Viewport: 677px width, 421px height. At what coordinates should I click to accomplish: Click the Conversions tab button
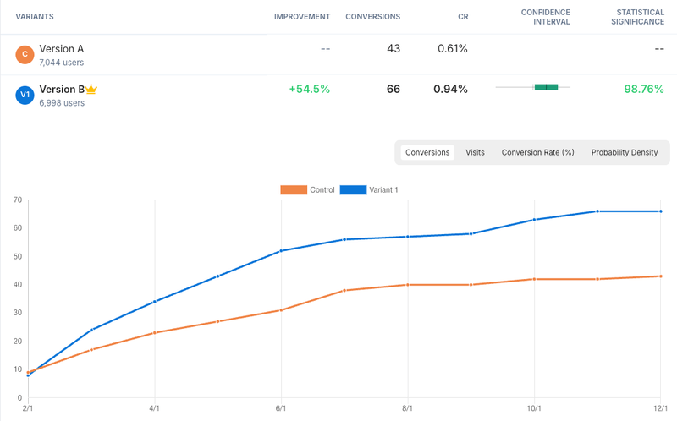pyautogui.click(x=427, y=152)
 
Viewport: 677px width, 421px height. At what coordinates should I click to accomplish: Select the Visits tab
pyautogui.click(x=475, y=152)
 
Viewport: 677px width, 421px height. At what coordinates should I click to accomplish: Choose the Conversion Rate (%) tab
pyautogui.click(x=537, y=152)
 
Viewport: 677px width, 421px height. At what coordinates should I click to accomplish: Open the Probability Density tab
pyautogui.click(x=624, y=152)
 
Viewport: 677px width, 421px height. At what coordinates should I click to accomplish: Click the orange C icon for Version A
pyautogui.click(x=25, y=55)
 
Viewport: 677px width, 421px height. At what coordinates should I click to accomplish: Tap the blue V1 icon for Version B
pyautogui.click(x=25, y=95)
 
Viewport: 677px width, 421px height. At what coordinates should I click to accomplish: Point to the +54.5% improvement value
pyautogui.click(x=309, y=89)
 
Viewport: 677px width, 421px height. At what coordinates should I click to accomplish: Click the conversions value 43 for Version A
pyautogui.click(x=393, y=48)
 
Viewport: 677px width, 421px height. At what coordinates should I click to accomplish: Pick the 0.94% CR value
pyautogui.click(x=450, y=89)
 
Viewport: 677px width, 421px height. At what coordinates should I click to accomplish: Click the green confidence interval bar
pyautogui.click(x=546, y=87)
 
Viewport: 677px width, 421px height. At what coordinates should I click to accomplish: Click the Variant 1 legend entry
pyautogui.click(x=368, y=189)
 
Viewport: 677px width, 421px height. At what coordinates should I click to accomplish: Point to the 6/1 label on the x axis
pyautogui.click(x=281, y=408)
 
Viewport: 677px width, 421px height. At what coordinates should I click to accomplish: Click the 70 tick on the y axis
pyautogui.click(x=17, y=200)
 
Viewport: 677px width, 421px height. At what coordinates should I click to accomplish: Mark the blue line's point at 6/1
pyautogui.click(x=281, y=251)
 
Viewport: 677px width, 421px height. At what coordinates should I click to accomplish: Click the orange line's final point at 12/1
pyautogui.click(x=660, y=276)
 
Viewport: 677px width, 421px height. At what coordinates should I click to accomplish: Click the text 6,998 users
pyautogui.click(x=62, y=103)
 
